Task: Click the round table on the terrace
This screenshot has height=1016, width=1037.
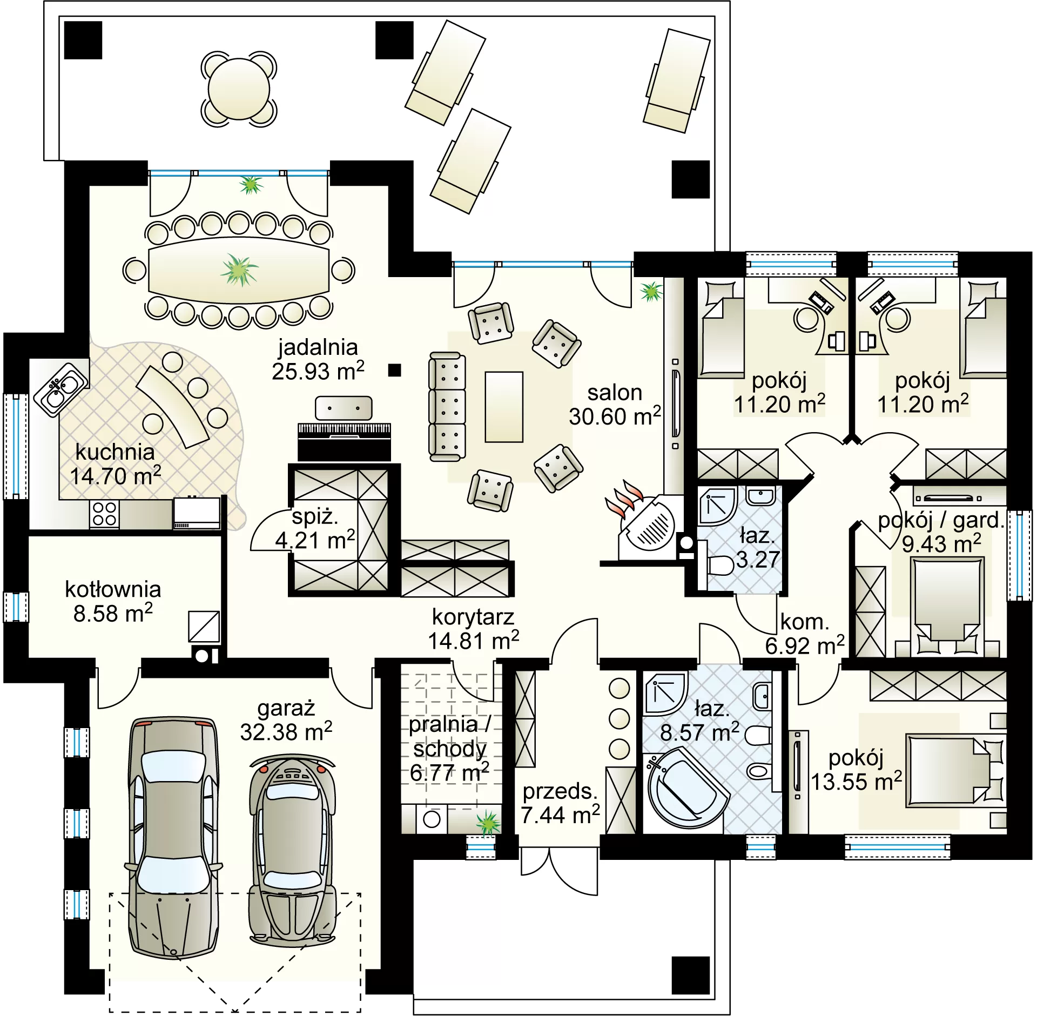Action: [x=238, y=89]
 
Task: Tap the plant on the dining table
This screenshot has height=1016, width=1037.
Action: [x=238, y=270]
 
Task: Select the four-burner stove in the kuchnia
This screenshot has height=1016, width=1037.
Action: [x=105, y=514]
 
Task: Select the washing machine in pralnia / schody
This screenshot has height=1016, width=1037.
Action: [x=432, y=819]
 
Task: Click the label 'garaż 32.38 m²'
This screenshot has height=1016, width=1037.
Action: [x=286, y=721]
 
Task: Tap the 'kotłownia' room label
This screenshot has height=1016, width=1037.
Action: [x=113, y=589]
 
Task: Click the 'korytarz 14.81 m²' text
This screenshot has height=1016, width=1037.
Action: [x=474, y=629]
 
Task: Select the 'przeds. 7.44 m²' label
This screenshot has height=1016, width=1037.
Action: [x=561, y=803]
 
